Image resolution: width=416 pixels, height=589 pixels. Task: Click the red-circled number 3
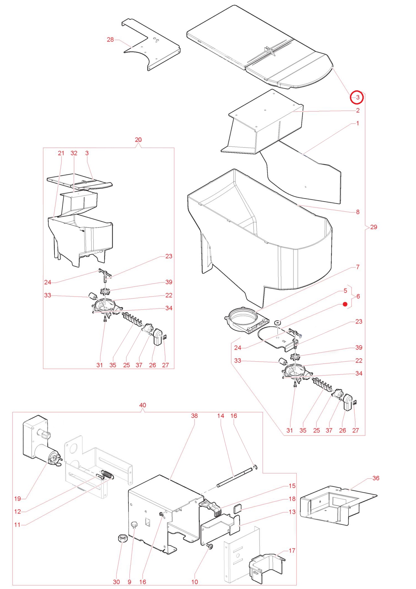coord(357,97)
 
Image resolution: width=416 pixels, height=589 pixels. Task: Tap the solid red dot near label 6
coord(345,304)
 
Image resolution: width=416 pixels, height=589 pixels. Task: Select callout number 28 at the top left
coord(110,40)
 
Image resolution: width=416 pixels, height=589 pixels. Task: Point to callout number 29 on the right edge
coord(374,227)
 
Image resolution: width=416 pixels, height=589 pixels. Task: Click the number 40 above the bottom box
coord(143,405)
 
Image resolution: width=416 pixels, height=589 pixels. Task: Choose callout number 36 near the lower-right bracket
coord(376,478)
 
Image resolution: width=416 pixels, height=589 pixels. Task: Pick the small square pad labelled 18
coord(237,508)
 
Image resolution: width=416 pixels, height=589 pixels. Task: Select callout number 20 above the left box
coord(138,140)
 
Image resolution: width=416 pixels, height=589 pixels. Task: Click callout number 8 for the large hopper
coord(358,212)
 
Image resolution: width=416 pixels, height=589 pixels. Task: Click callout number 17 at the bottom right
coord(292,550)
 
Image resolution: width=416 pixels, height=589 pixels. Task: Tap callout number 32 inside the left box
coord(74,153)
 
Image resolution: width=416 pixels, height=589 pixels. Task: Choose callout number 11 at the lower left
coord(18,525)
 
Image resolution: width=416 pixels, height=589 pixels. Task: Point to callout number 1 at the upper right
coord(358,123)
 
